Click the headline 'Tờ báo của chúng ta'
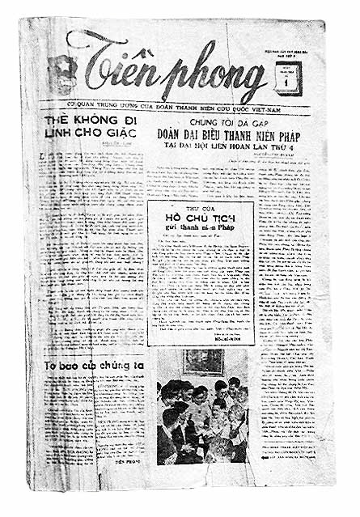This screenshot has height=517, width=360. (94, 368)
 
